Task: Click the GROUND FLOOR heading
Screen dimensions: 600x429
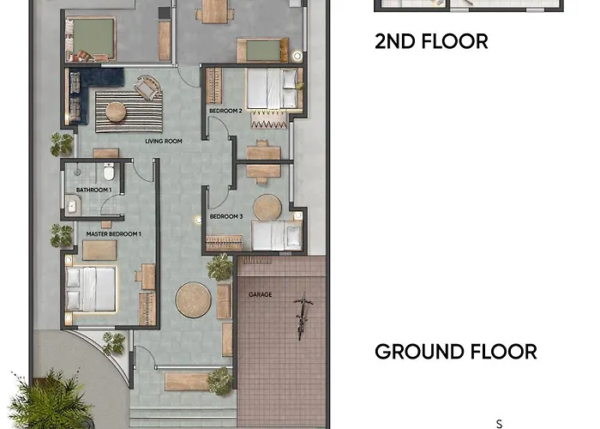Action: coord(456,352)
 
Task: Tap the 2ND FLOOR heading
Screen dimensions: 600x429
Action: coord(431,41)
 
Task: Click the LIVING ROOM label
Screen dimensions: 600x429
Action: coord(164,141)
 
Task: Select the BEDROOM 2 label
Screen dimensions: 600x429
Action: coord(225,111)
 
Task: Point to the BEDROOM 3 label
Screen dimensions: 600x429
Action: coord(226,216)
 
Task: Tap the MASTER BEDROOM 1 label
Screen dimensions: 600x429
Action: coord(114,233)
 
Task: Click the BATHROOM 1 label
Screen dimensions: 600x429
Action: coord(93,190)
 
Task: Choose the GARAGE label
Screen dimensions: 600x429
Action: coord(261,294)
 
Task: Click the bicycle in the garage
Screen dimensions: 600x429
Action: coord(303,317)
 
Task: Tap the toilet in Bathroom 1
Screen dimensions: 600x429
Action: coord(109,172)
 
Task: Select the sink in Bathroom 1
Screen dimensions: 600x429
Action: coord(71,206)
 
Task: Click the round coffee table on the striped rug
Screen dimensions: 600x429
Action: coord(116,112)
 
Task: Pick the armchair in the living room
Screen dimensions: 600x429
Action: coord(148,88)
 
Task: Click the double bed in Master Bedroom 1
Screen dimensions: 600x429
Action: coord(91,289)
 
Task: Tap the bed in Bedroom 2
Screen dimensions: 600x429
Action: coord(272,88)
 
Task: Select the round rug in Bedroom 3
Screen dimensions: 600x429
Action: coord(267,208)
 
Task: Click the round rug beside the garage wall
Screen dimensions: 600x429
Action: coord(193,300)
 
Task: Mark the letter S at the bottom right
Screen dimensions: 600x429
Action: coord(499,424)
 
